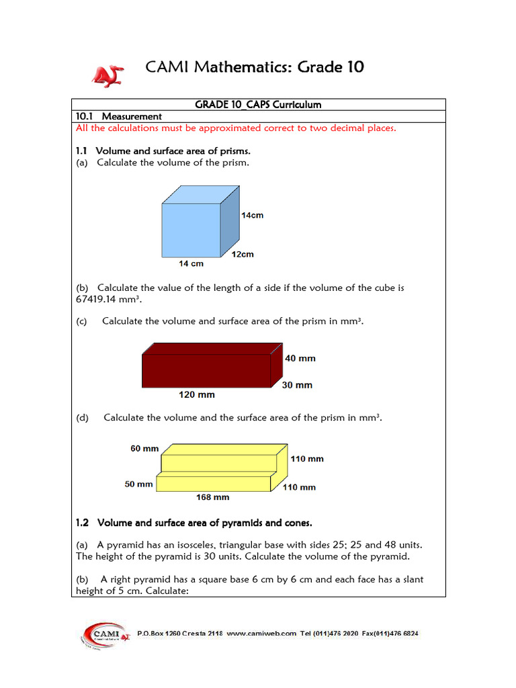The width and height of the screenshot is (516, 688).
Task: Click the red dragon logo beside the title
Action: pyautogui.click(x=107, y=75)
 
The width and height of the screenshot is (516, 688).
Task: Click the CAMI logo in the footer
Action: pyautogui.click(x=101, y=634)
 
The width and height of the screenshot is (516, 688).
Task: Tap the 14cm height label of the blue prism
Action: pyautogui.click(x=253, y=215)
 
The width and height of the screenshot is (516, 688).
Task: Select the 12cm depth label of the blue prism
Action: pyautogui.click(x=243, y=255)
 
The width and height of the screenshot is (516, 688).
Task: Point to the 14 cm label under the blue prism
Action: pyautogui.click(x=191, y=264)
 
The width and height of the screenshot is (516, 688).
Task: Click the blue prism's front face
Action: pyautogui.click(x=191, y=229)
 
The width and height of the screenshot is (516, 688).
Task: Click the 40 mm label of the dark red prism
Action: pyautogui.click(x=300, y=358)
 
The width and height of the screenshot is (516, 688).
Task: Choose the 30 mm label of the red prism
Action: pyautogui.click(x=297, y=385)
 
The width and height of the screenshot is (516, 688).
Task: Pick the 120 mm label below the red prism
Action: pyautogui.click(x=196, y=394)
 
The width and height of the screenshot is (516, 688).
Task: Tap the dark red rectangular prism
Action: pyautogui.click(x=206, y=370)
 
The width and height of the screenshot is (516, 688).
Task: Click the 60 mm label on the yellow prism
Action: pyautogui.click(x=144, y=448)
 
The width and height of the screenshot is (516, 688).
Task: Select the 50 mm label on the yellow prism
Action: pyautogui.click(x=138, y=484)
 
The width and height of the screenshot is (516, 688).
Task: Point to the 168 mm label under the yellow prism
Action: pyautogui.click(x=212, y=497)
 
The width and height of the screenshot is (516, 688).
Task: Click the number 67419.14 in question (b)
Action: pyautogui.click(x=101, y=299)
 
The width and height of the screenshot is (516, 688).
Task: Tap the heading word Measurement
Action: pyautogui.click(x=132, y=116)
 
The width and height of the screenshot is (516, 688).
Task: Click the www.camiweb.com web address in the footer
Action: pyautogui.click(x=261, y=634)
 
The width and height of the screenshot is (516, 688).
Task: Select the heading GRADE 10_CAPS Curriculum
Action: pyautogui.click(x=258, y=105)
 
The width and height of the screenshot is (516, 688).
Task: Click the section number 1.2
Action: pyautogui.click(x=83, y=523)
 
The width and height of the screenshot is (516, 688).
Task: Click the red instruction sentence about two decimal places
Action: pyautogui.click(x=236, y=128)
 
